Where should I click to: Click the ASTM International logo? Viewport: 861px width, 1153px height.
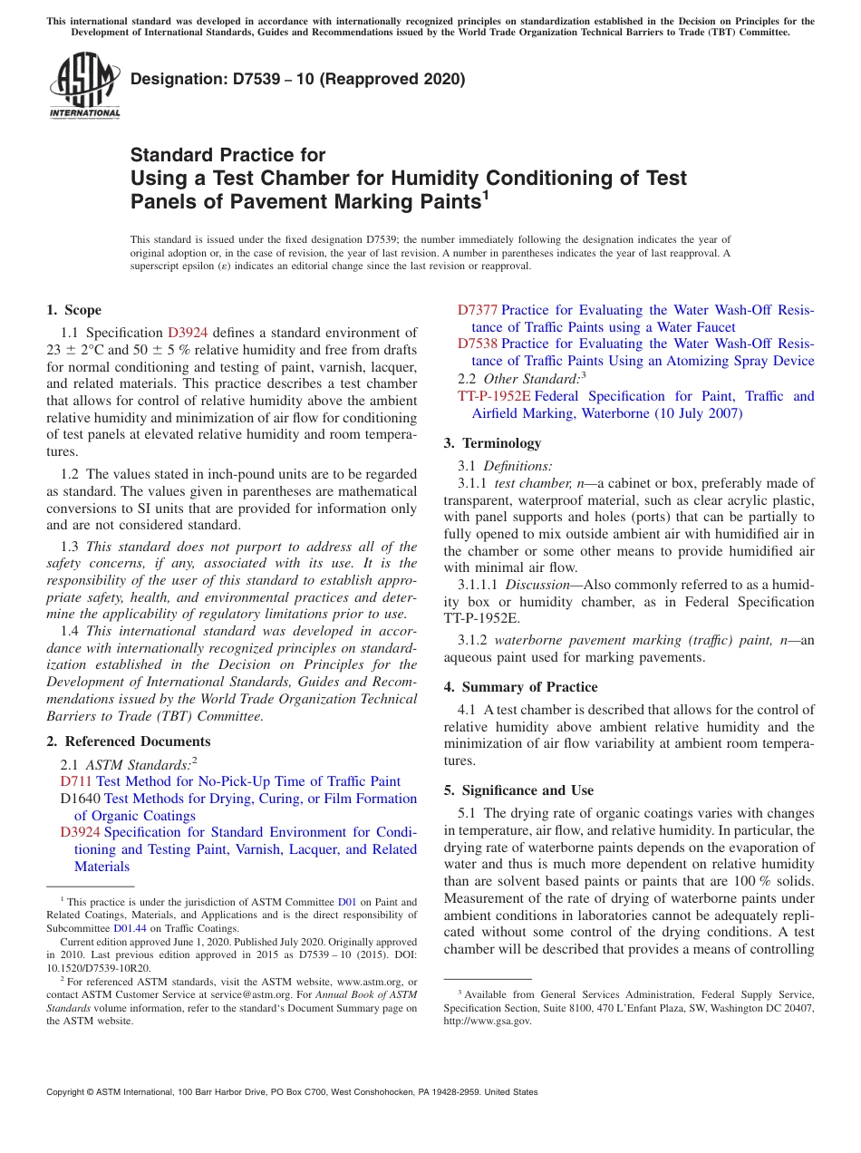click(x=84, y=85)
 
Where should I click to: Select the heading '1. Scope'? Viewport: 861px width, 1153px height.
click(x=73, y=310)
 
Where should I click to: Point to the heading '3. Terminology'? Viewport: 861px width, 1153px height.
click(x=492, y=443)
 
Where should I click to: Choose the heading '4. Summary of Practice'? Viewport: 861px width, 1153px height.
click(x=520, y=687)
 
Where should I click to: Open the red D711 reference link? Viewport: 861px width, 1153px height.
click(x=76, y=781)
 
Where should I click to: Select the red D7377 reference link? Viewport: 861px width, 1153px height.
click(x=477, y=310)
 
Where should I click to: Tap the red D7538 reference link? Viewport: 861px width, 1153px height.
click(x=477, y=344)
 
